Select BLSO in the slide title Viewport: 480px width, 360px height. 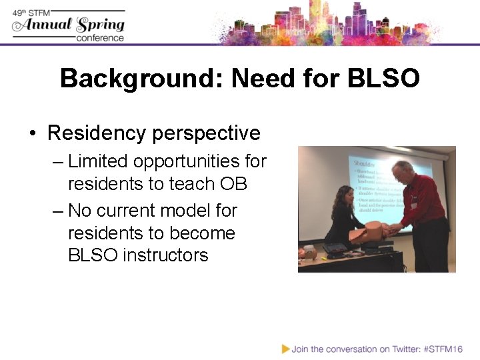point(383,79)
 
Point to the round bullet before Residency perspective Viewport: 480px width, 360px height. point(33,133)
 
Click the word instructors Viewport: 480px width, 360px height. point(165,255)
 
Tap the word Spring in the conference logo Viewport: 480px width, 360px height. point(101,25)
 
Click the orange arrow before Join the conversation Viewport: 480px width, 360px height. point(285,349)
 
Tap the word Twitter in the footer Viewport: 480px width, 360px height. point(400,349)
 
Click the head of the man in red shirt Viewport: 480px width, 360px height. point(403,172)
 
